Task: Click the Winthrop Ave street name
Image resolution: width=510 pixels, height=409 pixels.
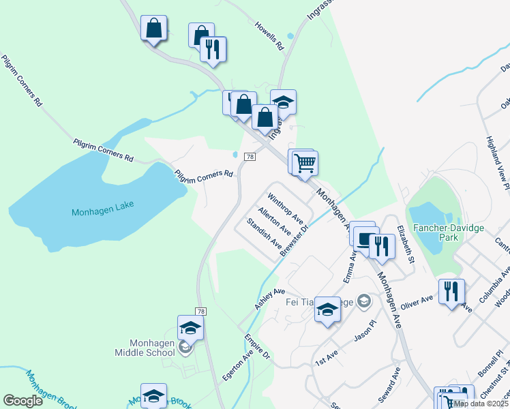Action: tap(285, 209)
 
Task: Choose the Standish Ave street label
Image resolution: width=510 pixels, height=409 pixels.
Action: tap(264, 232)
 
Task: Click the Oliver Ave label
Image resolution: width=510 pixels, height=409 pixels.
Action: tap(417, 299)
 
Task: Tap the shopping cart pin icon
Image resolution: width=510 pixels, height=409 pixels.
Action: tap(305, 162)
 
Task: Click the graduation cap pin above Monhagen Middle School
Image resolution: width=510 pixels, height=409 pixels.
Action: tap(191, 327)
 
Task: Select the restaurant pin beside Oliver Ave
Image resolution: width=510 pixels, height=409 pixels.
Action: tap(451, 291)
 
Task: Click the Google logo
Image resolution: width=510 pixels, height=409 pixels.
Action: tap(23, 401)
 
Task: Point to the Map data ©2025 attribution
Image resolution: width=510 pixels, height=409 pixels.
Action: tap(481, 404)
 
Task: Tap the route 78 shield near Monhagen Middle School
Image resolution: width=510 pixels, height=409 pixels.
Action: tap(201, 311)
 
